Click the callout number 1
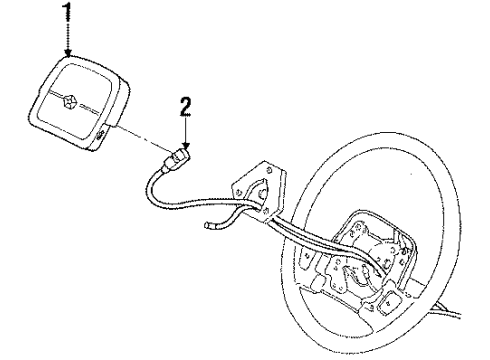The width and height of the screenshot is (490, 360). (68, 13)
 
